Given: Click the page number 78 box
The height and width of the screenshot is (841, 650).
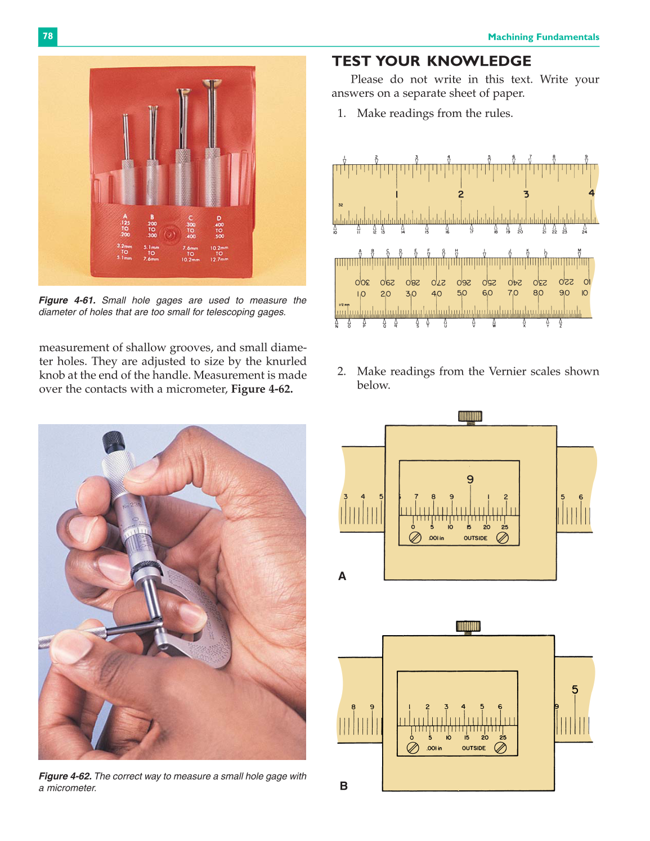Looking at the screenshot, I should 48,36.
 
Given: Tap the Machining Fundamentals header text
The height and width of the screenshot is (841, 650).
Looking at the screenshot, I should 543,37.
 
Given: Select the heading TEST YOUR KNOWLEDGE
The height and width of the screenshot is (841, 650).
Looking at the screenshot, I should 431,61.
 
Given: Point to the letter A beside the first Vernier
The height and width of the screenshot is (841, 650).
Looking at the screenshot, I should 342,576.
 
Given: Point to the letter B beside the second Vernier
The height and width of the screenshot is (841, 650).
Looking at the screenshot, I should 344,786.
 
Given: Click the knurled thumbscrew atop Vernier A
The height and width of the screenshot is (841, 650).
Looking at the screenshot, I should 470,416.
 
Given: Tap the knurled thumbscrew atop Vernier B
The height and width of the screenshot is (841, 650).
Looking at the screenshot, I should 468,626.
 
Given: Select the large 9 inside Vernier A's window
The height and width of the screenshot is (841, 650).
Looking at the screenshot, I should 470,479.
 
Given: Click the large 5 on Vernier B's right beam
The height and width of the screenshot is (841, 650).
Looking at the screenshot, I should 575,689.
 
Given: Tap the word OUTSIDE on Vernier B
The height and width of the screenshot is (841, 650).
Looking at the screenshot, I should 473,748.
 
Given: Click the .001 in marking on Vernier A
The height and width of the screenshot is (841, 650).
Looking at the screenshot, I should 436,538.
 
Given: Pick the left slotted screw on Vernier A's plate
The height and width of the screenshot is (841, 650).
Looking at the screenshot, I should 415,537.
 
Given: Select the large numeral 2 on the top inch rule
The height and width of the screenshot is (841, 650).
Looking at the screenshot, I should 461,194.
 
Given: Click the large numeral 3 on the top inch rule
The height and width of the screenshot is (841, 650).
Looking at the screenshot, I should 526,194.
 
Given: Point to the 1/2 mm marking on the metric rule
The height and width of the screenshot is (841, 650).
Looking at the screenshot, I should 343,305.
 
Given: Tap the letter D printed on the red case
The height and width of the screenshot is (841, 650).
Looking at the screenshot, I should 219,218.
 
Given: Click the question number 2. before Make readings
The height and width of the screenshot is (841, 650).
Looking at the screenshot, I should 341,371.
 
